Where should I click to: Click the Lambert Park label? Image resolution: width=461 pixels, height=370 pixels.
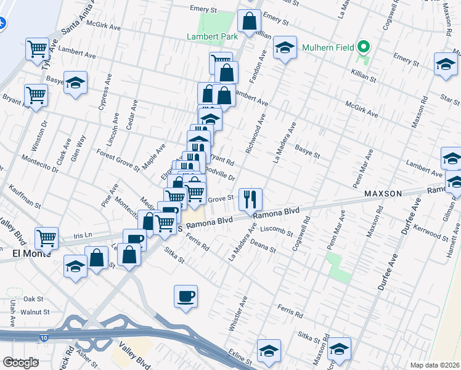tap(212, 37)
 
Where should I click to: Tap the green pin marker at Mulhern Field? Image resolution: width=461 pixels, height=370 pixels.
tap(364, 47)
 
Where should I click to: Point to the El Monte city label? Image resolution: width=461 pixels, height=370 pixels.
tap(31, 253)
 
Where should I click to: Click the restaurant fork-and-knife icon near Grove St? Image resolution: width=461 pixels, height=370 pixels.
tap(250, 199)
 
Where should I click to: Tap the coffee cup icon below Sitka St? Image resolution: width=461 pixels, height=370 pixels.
tap(186, 297)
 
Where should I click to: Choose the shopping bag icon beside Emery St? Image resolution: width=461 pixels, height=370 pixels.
tap(248, 21)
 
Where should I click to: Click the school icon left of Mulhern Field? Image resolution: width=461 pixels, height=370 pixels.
tap(285, 47)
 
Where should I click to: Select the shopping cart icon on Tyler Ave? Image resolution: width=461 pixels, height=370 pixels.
tap(37, 48)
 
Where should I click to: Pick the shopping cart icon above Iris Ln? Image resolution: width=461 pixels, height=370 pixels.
tap(47, 237)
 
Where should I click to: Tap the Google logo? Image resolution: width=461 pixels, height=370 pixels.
tap(20, 363)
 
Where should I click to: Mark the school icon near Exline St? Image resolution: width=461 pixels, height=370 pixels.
tap(269, 350)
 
